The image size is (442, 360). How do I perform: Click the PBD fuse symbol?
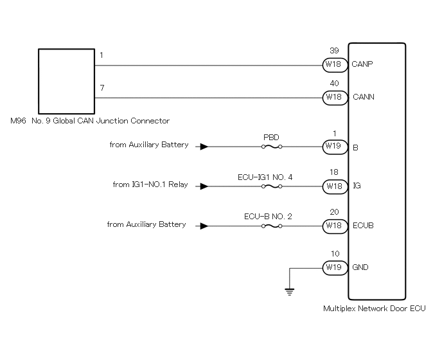click(272, 147)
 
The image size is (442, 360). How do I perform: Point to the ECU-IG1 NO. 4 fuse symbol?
click(272, 186)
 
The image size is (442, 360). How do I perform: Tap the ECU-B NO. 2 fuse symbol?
click(272, 226)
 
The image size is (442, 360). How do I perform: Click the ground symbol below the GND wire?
click(290, 292)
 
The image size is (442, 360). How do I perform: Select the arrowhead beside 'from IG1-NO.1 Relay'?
click(204, 186)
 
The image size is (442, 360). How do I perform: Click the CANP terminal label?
click(362, 64)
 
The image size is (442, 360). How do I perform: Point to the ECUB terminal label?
click(363, 226)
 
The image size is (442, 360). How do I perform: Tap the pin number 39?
click(334, 51)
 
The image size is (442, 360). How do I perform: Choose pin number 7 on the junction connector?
click(102, 88)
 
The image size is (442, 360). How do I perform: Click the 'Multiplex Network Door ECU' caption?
click(375, 309)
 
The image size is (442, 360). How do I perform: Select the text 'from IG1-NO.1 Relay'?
click(150, 184)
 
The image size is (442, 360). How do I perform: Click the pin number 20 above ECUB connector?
click(334, 212)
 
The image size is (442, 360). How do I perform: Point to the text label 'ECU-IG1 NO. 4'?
click(265, 177)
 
